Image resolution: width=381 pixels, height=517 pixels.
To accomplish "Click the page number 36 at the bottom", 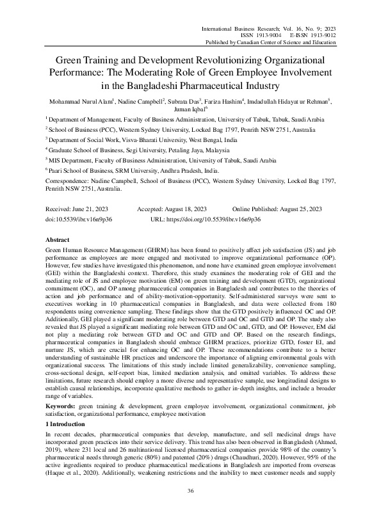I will tap(190, 490).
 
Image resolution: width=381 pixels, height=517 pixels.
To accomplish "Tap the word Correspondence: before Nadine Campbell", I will tap(68, 182).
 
